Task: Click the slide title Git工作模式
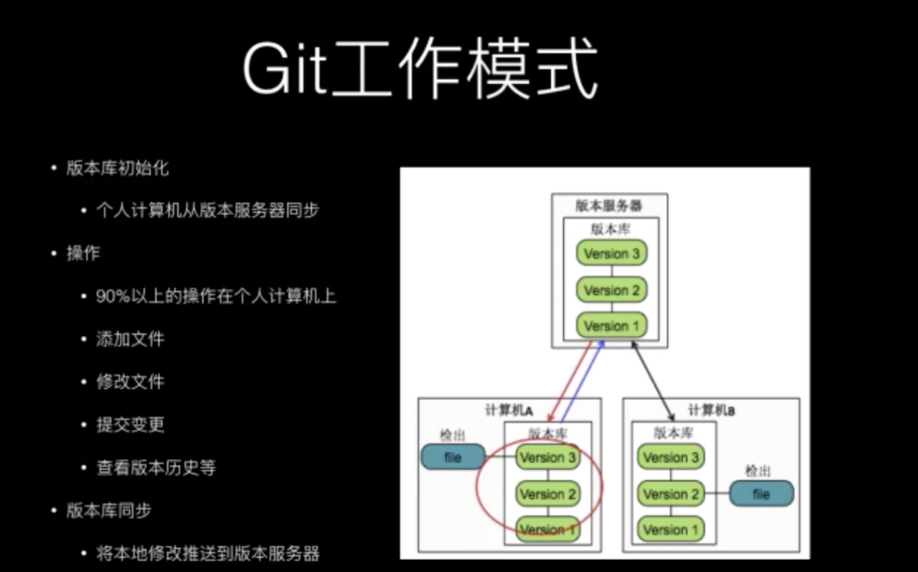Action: pos(420,70)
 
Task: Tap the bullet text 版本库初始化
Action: pos(117,168)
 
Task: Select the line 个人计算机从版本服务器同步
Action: pos(207,210)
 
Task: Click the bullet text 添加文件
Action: pos(130,339)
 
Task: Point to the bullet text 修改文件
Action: pos(130,382)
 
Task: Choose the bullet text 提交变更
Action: pos(130,425)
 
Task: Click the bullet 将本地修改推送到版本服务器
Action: pos(207,554)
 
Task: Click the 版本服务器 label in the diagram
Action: pos(609,206)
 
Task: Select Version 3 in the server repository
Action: pos(611,253)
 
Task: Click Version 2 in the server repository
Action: pos(611,290)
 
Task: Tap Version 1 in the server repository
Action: pos(611,326)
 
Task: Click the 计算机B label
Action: pos(711,410)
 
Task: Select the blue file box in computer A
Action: pos(453,457)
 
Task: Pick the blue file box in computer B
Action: pos(761,493)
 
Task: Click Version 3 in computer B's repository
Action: pos(671,457)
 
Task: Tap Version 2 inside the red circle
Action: pos(548,493)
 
